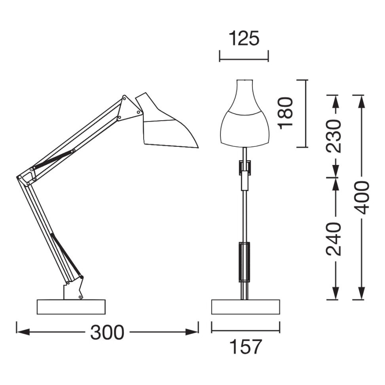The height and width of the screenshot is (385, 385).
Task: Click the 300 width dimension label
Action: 107,332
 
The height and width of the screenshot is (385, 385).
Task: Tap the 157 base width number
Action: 246,347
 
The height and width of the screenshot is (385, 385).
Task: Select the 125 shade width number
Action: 244,39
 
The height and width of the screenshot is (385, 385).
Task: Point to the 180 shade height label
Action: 287,113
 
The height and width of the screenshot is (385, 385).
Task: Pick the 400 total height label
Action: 362,197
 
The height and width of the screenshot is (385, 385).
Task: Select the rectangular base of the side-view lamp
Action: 71,307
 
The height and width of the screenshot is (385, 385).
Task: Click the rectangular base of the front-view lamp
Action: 246,307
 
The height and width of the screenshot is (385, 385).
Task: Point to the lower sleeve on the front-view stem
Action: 244,262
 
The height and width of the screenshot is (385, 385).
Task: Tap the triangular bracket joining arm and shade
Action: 128,107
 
